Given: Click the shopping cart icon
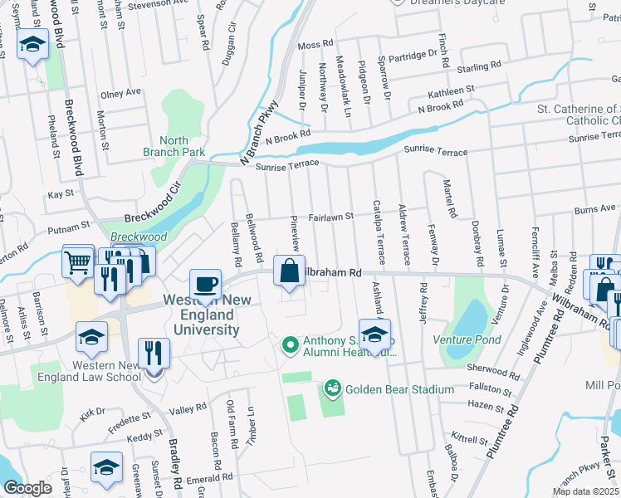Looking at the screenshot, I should pyautogui.click(x=78, y=263).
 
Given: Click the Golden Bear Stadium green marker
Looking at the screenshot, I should pyautogui.click(x=333, y=388).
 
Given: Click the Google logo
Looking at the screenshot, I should pyautogui.click(x=27, y=488).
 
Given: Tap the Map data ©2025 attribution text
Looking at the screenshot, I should pyautogui.click(x=584, y=491).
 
